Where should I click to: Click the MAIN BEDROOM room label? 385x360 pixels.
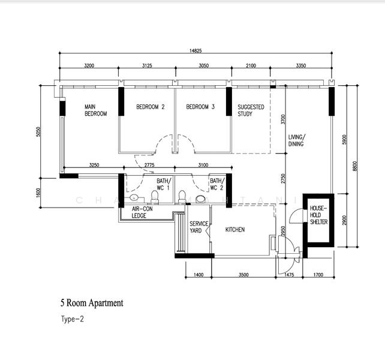coord(95,110)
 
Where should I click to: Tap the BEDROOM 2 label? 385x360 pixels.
coord(150,107)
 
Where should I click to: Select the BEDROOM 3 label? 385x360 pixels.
coord(200,107)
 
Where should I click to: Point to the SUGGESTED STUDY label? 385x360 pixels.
coord(251,110)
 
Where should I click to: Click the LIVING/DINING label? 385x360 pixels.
coord(296,140)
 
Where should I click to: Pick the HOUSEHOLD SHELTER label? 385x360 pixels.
coord(318,215)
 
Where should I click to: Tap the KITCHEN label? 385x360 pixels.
coord(235,230)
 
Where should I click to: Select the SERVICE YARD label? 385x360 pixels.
coord(199,227)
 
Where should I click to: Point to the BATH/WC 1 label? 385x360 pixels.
coord(164,184)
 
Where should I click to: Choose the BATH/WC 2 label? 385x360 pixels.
coord(216,184)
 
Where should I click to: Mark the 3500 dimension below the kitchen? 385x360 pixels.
coord(243,275)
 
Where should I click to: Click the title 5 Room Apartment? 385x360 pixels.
coord(91,303)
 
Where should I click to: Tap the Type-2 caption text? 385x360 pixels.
coord(72,320)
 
